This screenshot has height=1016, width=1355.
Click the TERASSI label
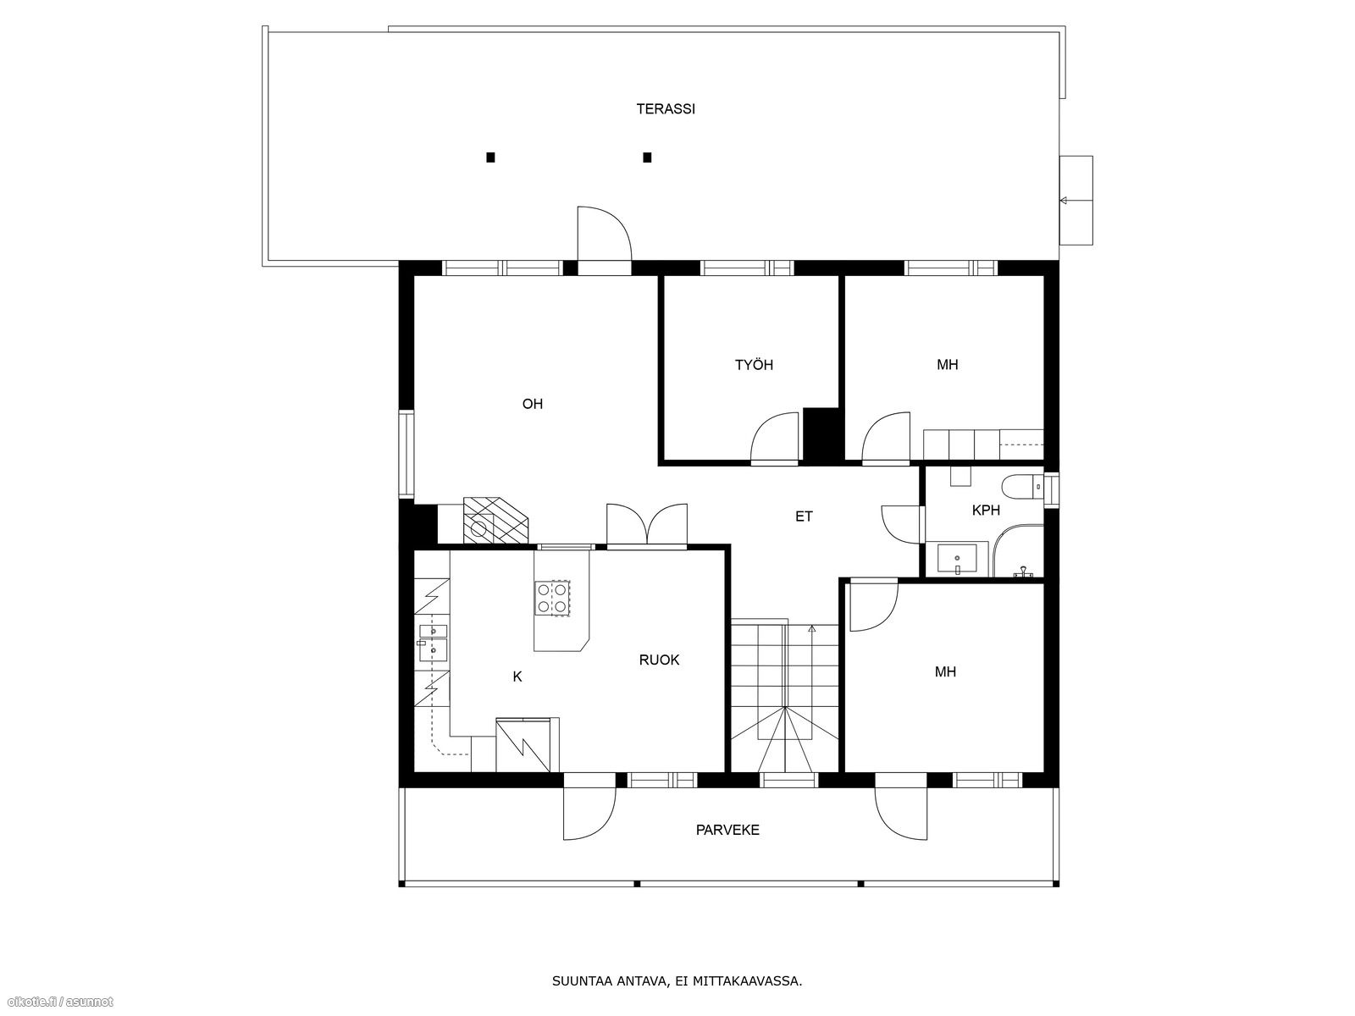point(666,109)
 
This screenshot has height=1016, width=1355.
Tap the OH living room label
point(532,404)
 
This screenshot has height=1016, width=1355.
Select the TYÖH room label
point(754,365)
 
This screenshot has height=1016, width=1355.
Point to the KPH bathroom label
point(986,511)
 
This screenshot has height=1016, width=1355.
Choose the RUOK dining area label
point(659,660)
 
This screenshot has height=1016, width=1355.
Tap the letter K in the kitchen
point(517,676)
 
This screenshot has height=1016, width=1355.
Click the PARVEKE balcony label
point(727,831)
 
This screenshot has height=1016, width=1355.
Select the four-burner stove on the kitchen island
point(552,598)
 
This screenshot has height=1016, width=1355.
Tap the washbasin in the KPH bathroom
point(957,559)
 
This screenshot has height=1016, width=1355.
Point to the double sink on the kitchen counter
point(433,643)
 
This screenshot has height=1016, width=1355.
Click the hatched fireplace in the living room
point(495,520)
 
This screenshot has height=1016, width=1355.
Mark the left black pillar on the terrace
point(490,157)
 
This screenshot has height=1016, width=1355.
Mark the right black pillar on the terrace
point(647,157)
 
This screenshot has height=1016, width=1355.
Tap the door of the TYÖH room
point(776,438)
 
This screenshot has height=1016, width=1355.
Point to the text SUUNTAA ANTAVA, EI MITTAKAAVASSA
point(677,980)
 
